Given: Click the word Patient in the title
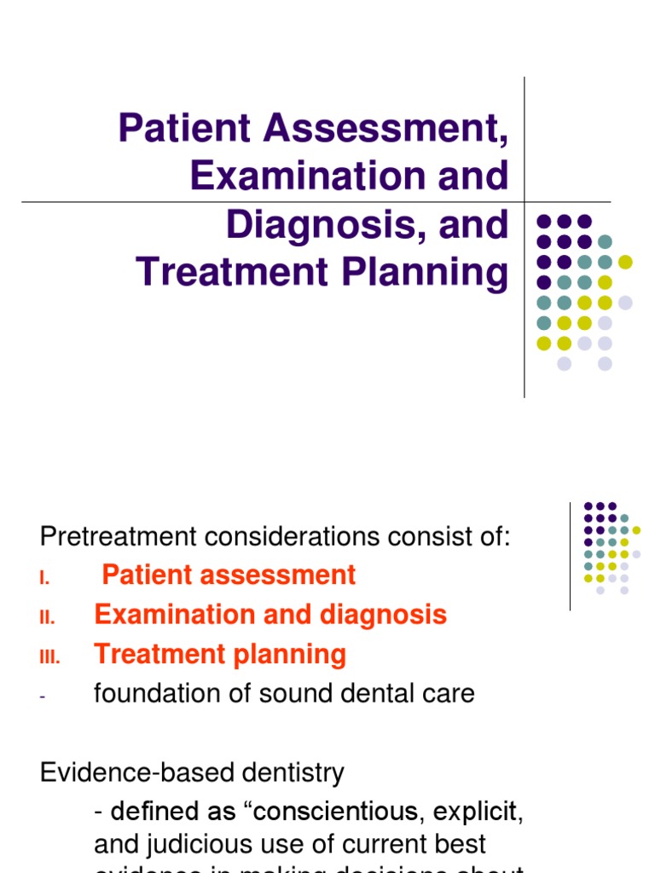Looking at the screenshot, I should tap(184, 128).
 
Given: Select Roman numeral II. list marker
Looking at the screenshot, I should tap(47, 617).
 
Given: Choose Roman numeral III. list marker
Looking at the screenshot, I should tap(49, 656).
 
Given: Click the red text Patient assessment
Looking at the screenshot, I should tap(229, 575).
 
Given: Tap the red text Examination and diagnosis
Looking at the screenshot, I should tap(270, 615).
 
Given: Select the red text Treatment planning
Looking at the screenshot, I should tap(220, 655).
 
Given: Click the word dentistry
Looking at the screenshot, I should tap(294, 773).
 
